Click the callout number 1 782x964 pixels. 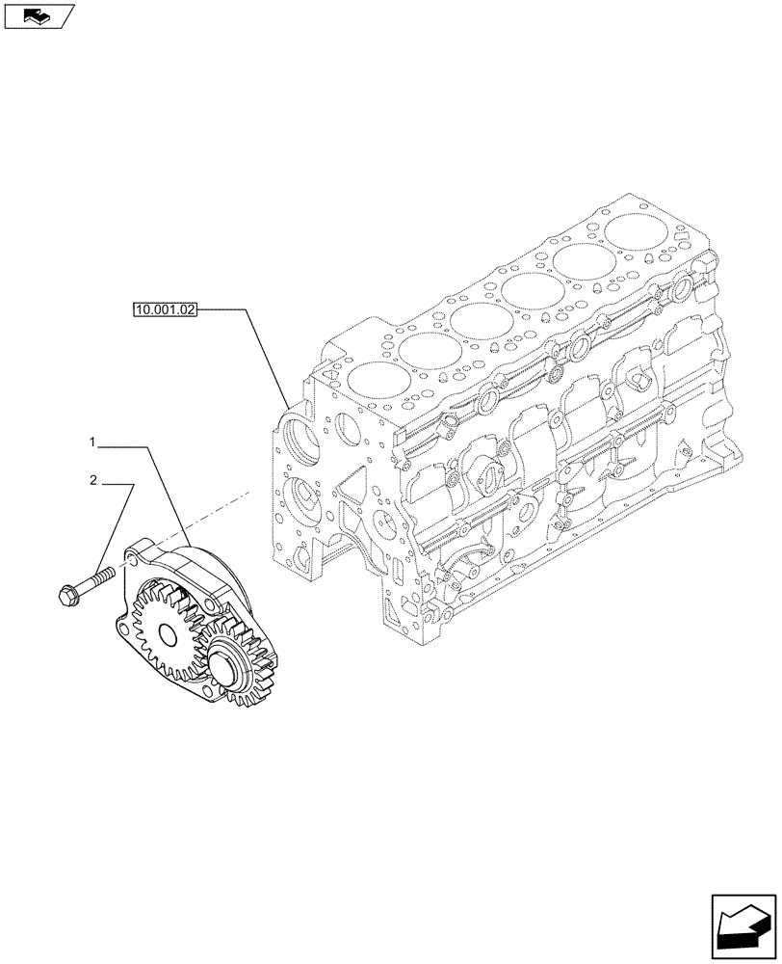coord(92,442)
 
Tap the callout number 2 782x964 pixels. coord(92,479)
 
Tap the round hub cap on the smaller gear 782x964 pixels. coord(220,665)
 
